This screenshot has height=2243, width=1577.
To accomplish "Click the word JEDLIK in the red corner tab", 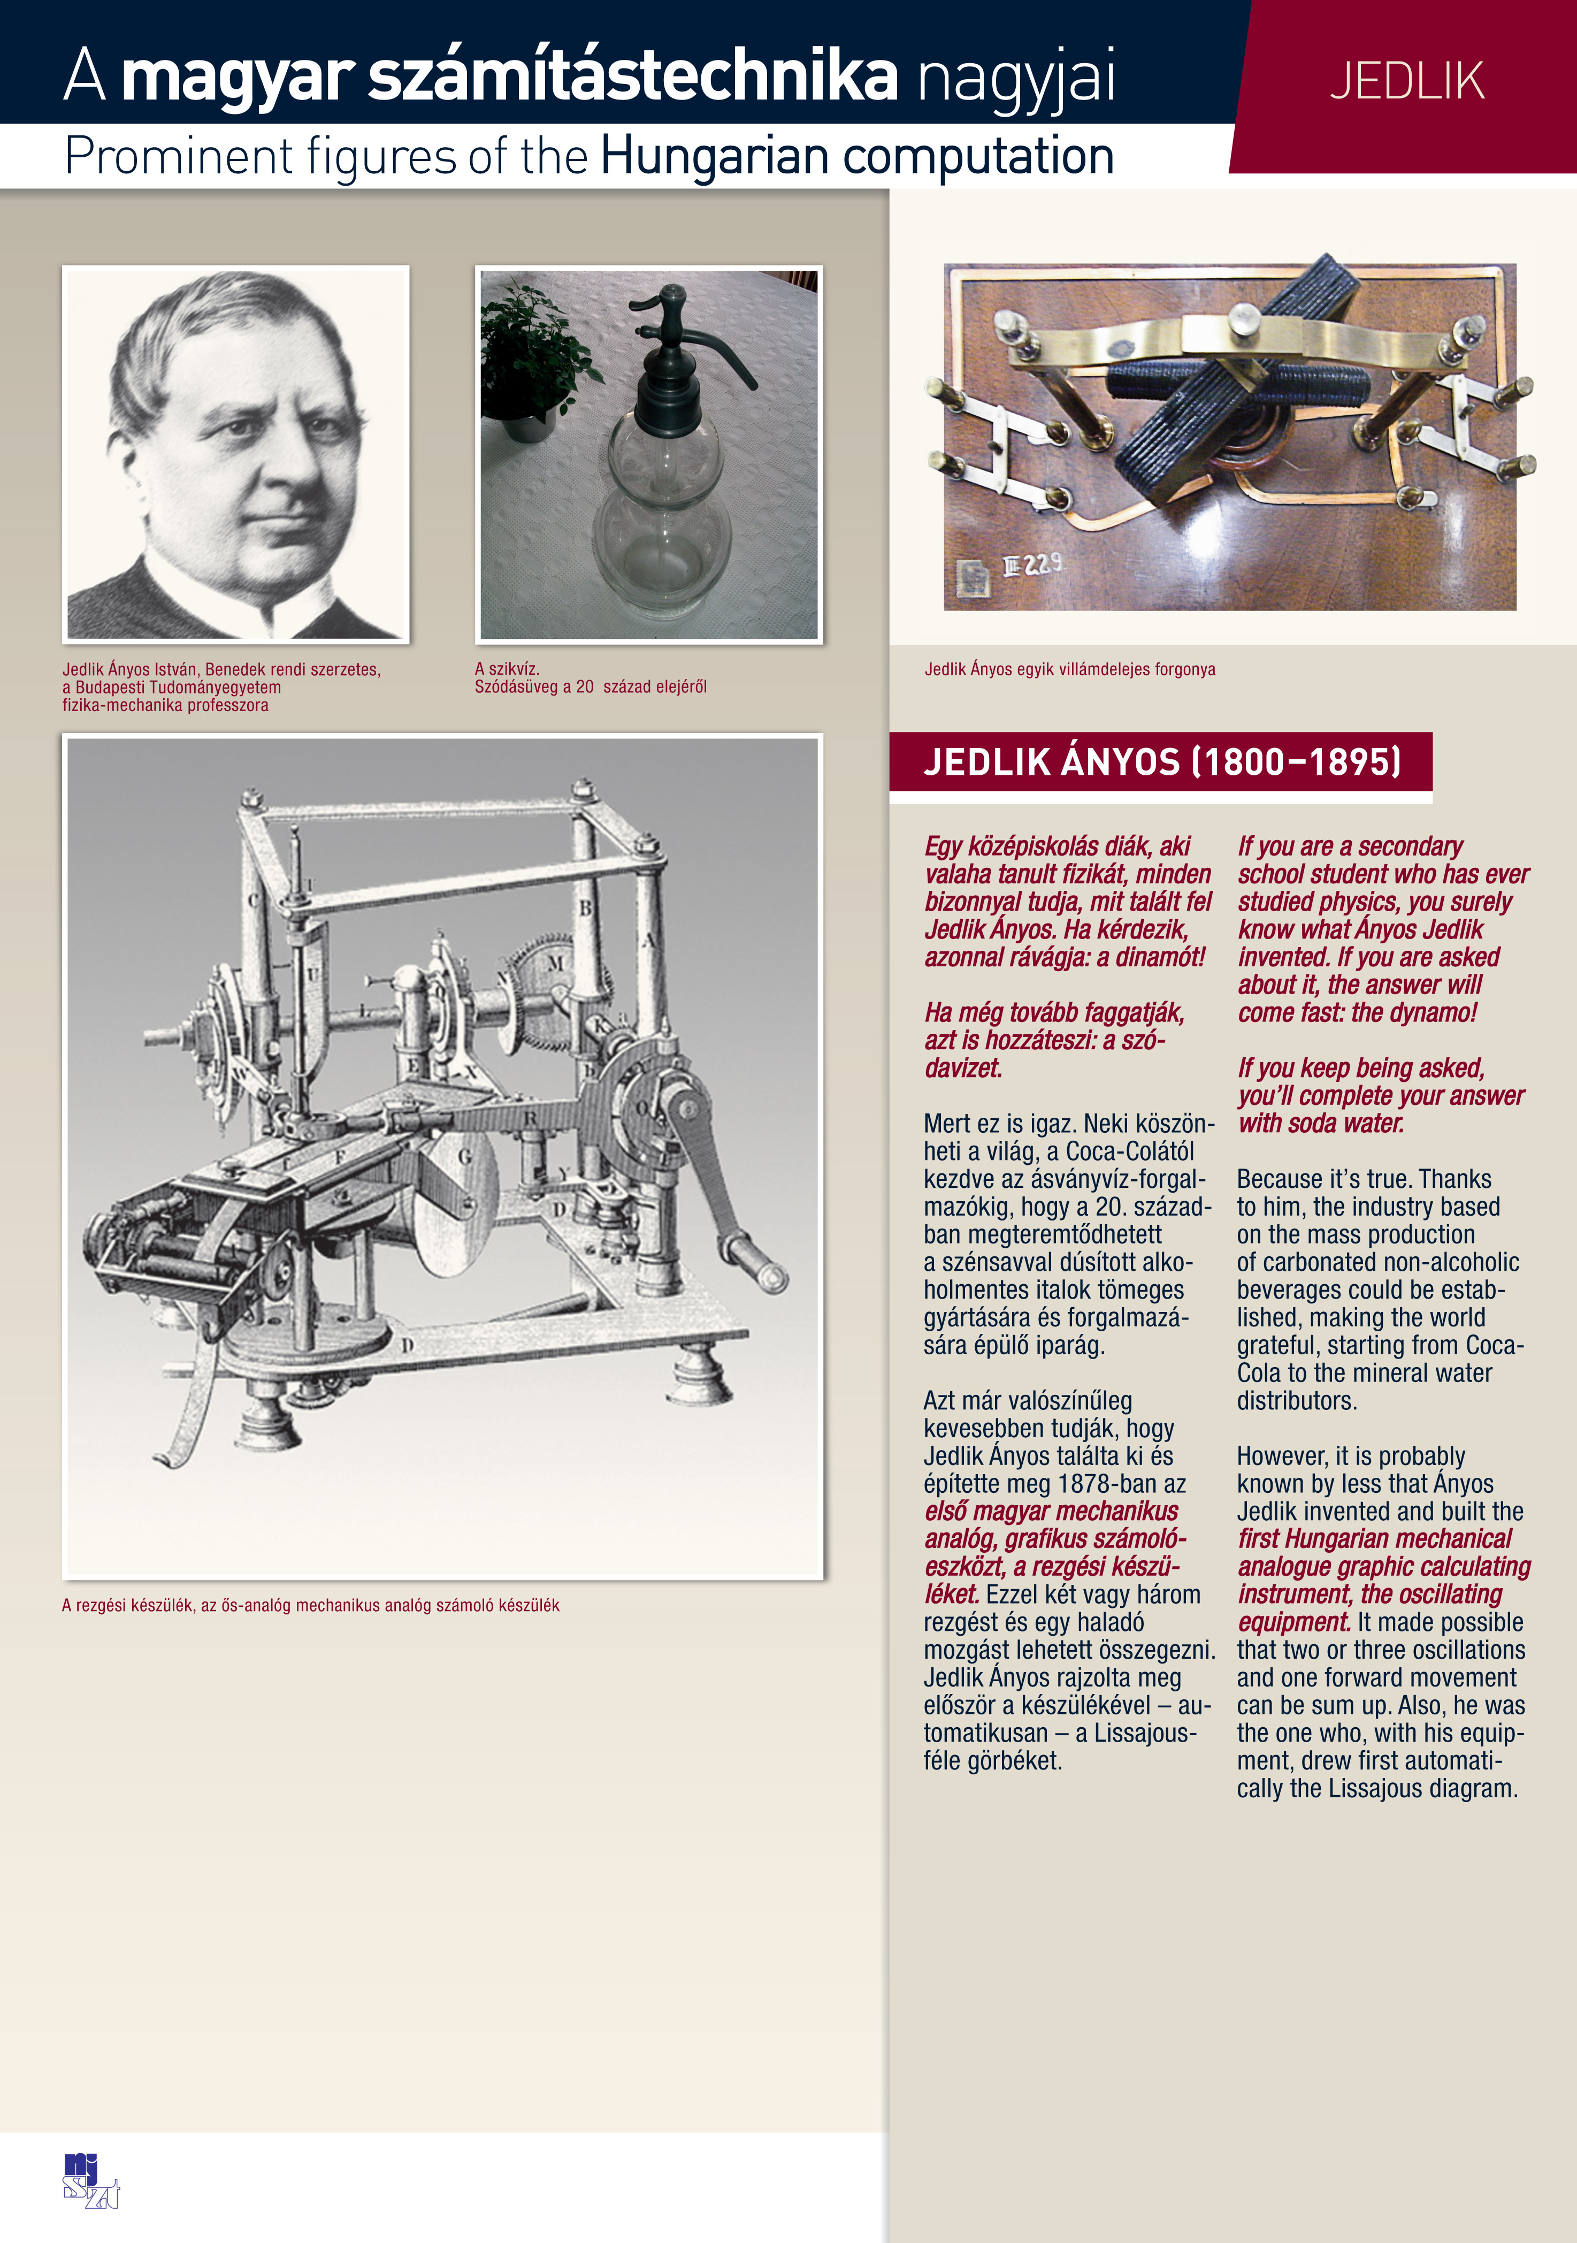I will [x=1406, y=81].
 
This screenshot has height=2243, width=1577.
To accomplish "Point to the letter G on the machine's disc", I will [x=466, y=1157].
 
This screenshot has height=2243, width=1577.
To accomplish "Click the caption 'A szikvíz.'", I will [x=507, y=669].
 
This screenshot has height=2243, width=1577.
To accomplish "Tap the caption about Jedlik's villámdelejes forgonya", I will [x=1070, y=669].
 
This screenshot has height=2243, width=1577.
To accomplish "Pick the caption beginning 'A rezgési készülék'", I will [x=310, y=1605].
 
